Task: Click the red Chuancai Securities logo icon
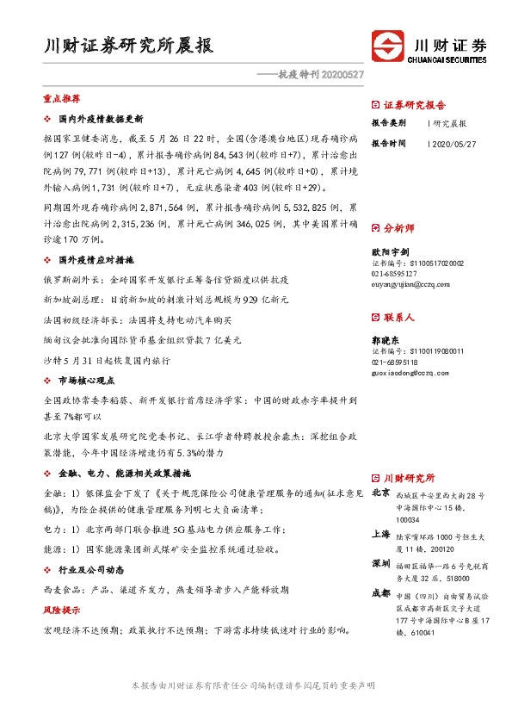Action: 388,46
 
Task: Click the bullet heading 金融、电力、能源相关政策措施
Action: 124,474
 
